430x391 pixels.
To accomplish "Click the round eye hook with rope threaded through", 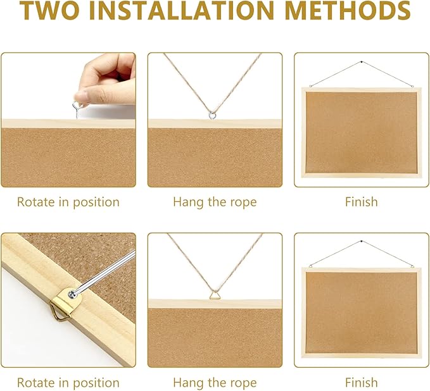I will (215, 115).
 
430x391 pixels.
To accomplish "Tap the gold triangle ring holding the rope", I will (215, 294).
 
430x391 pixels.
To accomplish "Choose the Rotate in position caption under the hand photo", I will (68, 202).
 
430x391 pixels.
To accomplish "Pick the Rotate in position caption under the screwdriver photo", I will (68, 383).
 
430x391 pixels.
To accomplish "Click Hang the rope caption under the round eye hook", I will (215, 202).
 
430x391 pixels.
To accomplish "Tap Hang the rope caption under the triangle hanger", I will (215, 383).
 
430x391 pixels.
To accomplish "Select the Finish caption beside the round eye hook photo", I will (361, 202).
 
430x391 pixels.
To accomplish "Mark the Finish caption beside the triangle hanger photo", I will (361, 383).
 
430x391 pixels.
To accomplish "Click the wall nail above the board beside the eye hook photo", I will (362, 62).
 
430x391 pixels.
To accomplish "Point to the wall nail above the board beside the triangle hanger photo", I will (362, 242).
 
